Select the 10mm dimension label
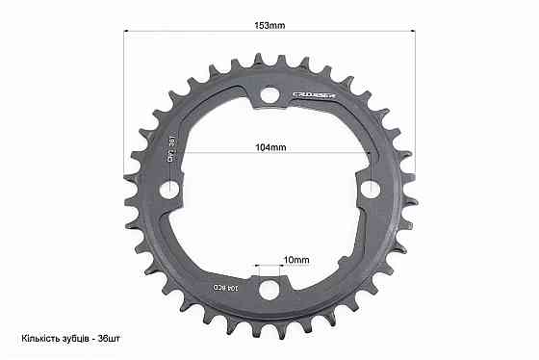coord(270,260)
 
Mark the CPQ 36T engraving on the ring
coord(173,150)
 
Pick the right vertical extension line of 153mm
coord(415,96)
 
